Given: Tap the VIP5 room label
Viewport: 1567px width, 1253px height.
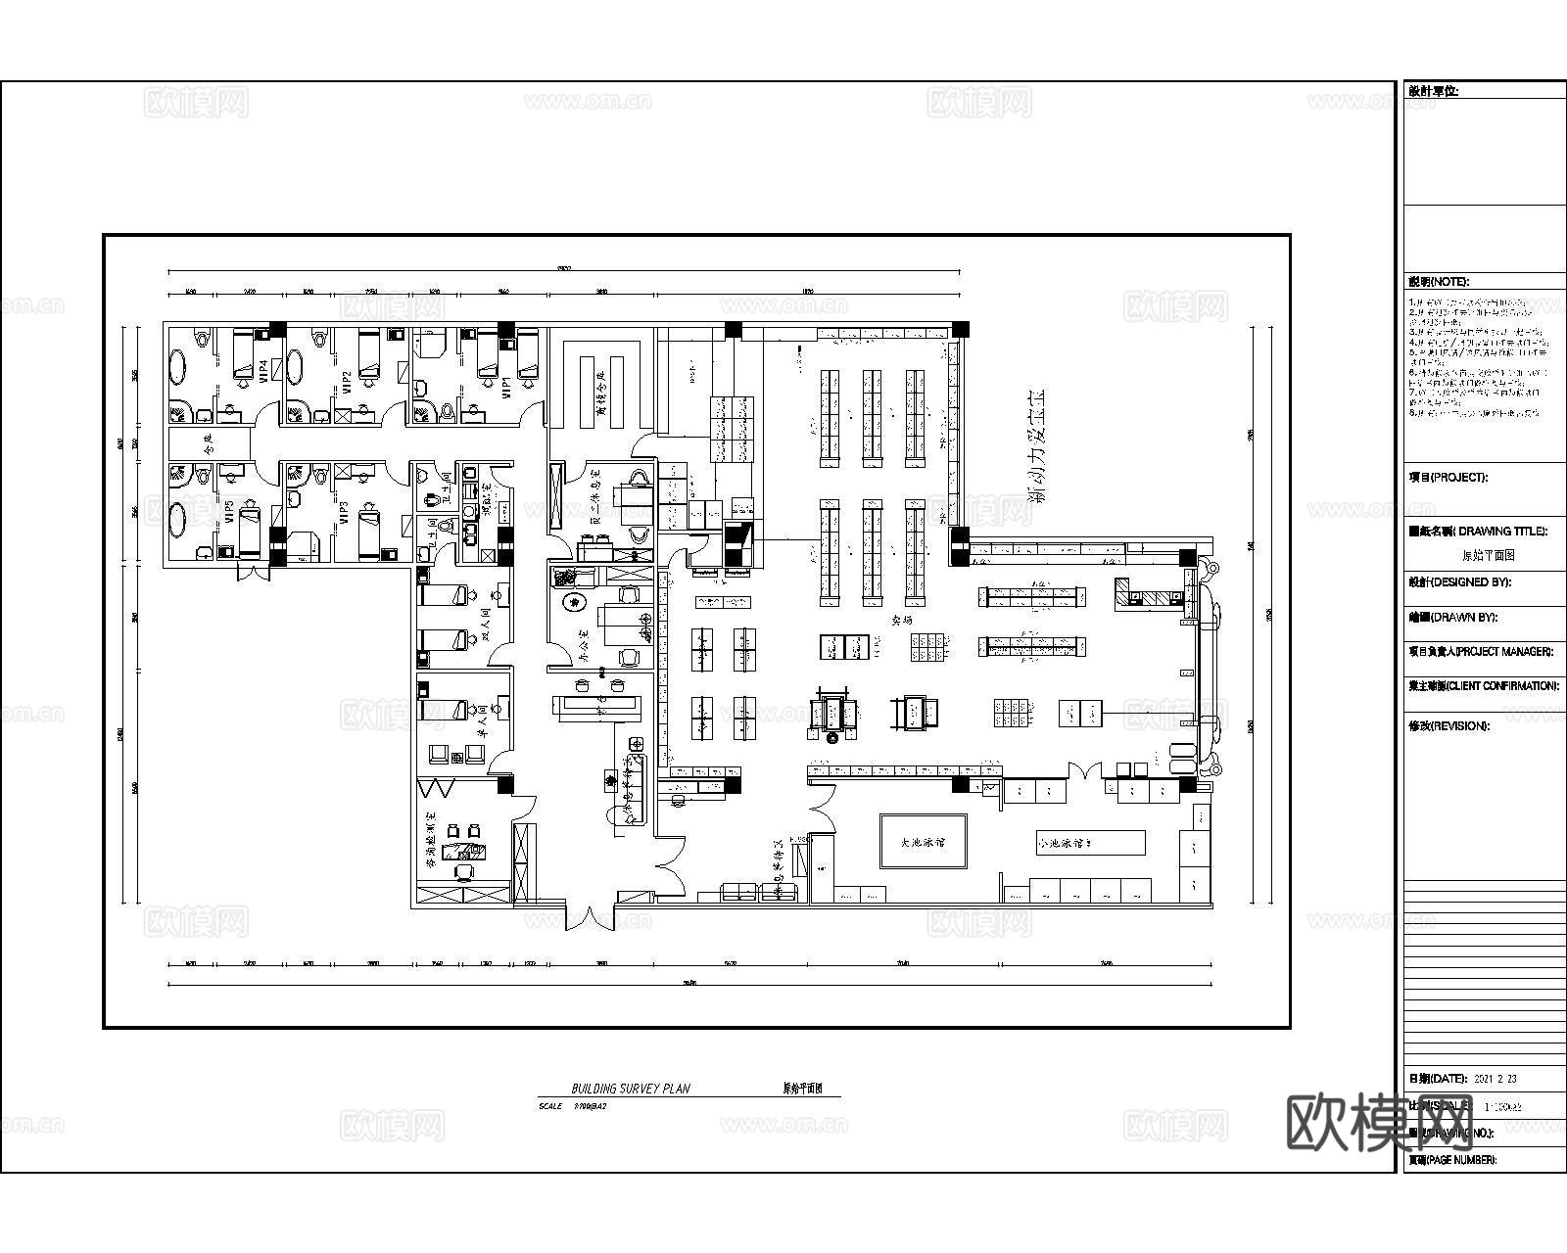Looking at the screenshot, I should pos(229,511).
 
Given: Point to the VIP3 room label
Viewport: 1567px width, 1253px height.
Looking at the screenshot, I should pos(343,513).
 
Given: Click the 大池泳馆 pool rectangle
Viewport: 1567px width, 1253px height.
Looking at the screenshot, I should pos(924,842).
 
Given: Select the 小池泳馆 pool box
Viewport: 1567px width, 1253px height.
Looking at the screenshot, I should pos(1090,842).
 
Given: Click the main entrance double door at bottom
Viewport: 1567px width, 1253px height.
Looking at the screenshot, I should pos(591,917).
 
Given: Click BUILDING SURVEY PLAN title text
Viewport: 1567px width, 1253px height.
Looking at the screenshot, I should pos(631,1089).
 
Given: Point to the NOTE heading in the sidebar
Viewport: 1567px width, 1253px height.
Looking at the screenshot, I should pos(1438,282).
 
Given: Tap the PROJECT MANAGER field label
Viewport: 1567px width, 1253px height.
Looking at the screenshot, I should pos(1482,652).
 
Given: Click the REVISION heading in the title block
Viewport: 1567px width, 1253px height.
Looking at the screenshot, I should pos(1448,726).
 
